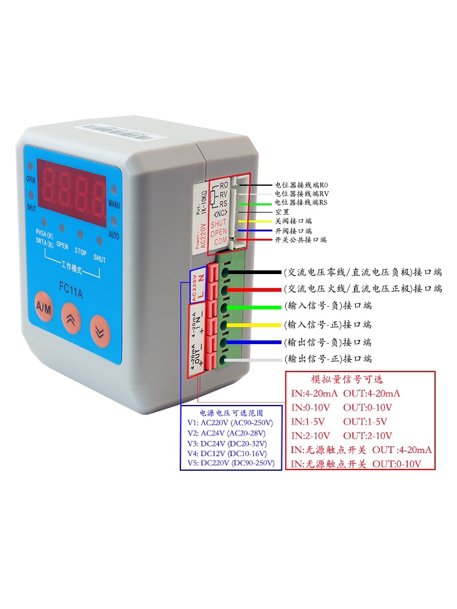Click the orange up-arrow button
[72, 323]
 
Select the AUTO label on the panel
[114, 234]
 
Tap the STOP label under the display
[80, 250]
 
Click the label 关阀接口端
[293, 221]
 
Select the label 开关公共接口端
[300, 240]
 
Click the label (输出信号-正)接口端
[328, 359]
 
